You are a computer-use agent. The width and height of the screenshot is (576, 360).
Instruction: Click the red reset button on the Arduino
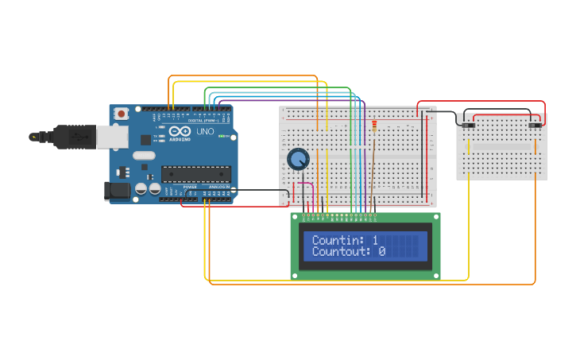tap(121, 114)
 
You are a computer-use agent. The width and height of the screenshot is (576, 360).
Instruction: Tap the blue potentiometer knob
tap(297, 160)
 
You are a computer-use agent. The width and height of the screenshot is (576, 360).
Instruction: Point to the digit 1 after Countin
tap(375, 240)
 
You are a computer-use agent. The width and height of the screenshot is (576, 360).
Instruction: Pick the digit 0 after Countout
tap(381, 251)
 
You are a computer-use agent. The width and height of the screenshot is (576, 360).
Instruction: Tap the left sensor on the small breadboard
tap(468, 126)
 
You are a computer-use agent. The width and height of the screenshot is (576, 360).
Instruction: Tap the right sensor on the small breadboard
tap(535, 126)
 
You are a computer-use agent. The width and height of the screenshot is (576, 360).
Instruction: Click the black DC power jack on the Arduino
tap(118, 191)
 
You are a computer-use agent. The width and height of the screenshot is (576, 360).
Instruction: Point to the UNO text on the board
tap(205, 131)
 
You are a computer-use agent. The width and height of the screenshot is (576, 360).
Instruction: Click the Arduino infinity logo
tap(181, 131)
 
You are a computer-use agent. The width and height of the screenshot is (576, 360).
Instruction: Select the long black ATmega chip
tap(196, 173)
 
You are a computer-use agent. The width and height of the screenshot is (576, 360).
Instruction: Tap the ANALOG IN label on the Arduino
tap(218, 187)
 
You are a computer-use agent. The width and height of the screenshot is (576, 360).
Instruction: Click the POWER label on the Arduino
tap(190, 187)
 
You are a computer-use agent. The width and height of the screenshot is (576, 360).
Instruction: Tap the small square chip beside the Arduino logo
tap(146, 140)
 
